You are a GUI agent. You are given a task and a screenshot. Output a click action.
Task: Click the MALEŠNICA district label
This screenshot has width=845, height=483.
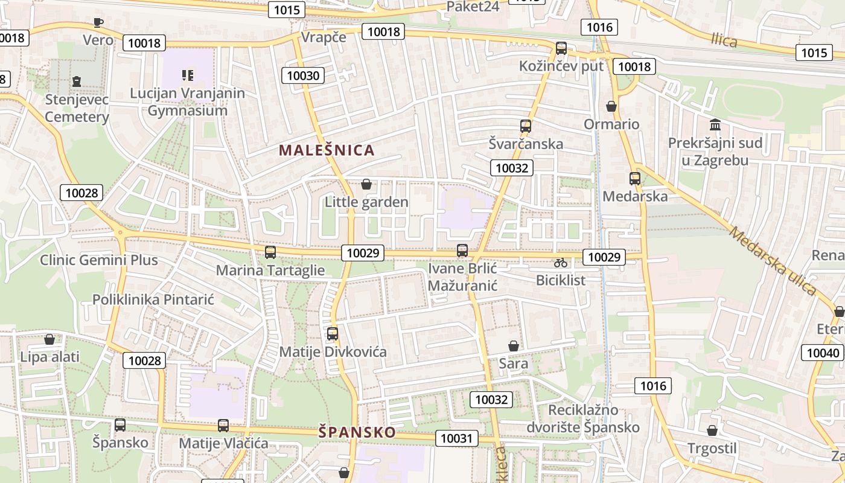(327, 150)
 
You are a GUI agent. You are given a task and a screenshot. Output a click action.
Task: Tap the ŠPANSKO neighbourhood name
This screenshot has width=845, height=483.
(357, 432)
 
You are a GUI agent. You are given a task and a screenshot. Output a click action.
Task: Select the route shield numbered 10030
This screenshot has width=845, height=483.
(303, 75)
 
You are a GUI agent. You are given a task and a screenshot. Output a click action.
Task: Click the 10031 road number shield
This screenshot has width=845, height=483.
(456, 438)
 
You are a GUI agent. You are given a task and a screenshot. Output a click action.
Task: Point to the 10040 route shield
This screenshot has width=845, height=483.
(823, 353)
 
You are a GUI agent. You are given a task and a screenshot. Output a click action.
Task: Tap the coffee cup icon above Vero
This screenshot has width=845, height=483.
(98, 23)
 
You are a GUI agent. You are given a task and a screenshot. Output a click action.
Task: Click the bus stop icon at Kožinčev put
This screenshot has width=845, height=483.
(561, 48)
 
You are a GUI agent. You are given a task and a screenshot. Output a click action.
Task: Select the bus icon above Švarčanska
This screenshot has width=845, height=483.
(526, 126)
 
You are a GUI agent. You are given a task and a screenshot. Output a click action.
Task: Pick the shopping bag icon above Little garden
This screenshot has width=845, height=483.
(366, 184)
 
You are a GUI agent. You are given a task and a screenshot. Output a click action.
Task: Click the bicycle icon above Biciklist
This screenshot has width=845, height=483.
(561, 263)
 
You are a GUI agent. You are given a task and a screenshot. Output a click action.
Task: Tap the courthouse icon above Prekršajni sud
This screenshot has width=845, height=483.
(715, 125)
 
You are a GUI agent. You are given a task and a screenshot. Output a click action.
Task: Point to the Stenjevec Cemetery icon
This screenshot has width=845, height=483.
(77, 81)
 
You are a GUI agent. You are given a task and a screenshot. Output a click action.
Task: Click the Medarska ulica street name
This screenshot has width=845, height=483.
(772, 261)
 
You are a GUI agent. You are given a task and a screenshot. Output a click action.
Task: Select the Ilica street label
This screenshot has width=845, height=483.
(724, 40)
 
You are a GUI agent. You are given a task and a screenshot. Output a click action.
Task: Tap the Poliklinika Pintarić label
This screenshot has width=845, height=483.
(153, 300)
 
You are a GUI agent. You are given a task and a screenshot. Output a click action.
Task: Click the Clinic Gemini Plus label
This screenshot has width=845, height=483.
(99, 260)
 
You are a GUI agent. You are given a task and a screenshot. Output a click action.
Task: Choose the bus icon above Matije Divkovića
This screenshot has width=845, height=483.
(332, 333)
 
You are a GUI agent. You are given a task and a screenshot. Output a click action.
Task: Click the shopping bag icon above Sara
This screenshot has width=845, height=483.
(514, 346)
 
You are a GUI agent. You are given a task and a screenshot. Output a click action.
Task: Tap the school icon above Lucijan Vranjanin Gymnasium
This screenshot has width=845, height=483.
(188, 75)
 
